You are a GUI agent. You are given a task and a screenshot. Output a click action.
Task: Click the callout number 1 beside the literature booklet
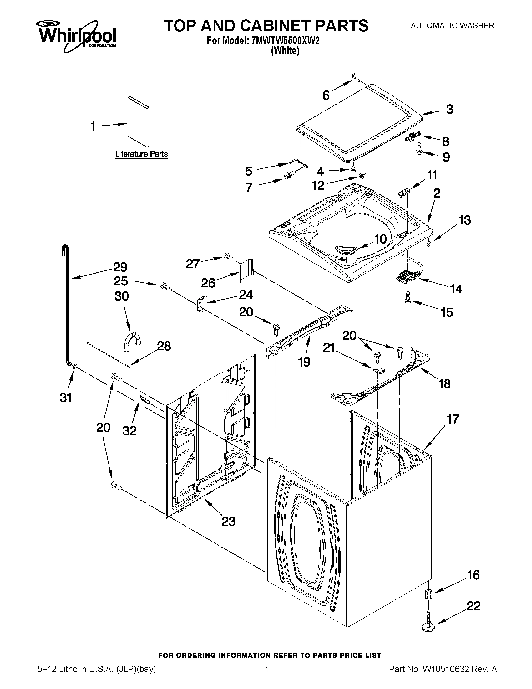pos(93,126)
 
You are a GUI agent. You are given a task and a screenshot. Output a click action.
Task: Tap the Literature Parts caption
pos(141,154)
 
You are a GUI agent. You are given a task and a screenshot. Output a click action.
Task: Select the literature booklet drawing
pos(138,121)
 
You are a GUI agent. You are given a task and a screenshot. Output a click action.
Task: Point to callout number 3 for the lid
pos(450,109)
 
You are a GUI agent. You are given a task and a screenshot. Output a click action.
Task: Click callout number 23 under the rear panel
pos(228,522)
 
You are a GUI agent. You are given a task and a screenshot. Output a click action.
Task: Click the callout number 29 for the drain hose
pos(120,267)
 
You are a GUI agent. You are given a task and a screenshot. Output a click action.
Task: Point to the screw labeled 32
pos(144,400)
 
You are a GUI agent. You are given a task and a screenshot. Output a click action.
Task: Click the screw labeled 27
pos(229,257)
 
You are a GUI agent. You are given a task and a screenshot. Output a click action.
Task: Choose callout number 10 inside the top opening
pos(380,239)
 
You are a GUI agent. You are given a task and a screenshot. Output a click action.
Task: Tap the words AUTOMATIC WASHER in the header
pos(452,26)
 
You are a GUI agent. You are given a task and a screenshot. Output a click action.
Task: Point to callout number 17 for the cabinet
pos(453,419)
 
